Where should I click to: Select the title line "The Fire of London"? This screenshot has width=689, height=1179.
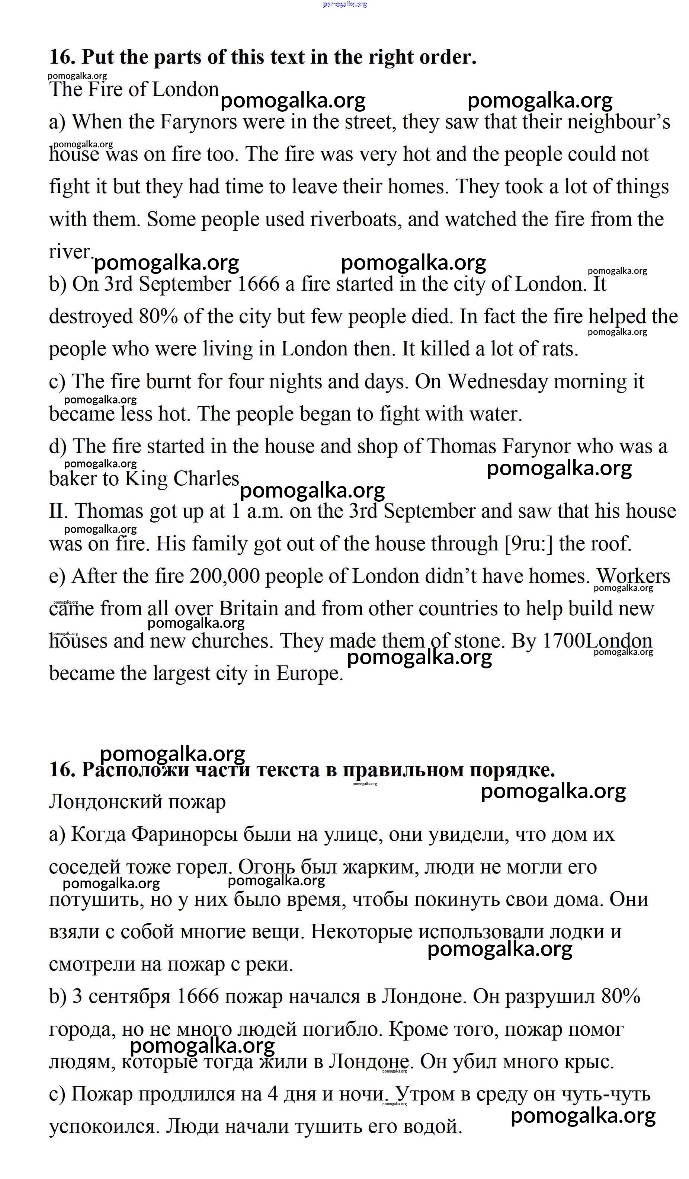(x=134, y=89)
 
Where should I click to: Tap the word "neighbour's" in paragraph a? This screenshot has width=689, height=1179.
(x=618, y=122)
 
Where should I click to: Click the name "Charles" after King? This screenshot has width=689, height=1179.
(x=206, y=479)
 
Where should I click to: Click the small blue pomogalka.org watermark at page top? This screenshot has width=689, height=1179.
(x=345, y=4)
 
